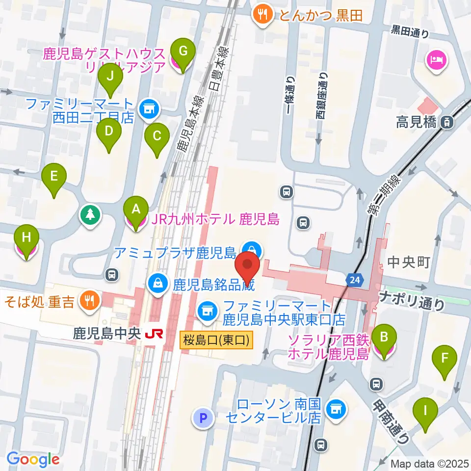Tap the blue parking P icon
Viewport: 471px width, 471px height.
204,418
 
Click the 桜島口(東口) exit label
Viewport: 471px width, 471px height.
216,340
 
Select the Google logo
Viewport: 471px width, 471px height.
33,459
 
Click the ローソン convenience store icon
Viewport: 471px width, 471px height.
335,408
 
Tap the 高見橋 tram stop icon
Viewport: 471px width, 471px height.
446,123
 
